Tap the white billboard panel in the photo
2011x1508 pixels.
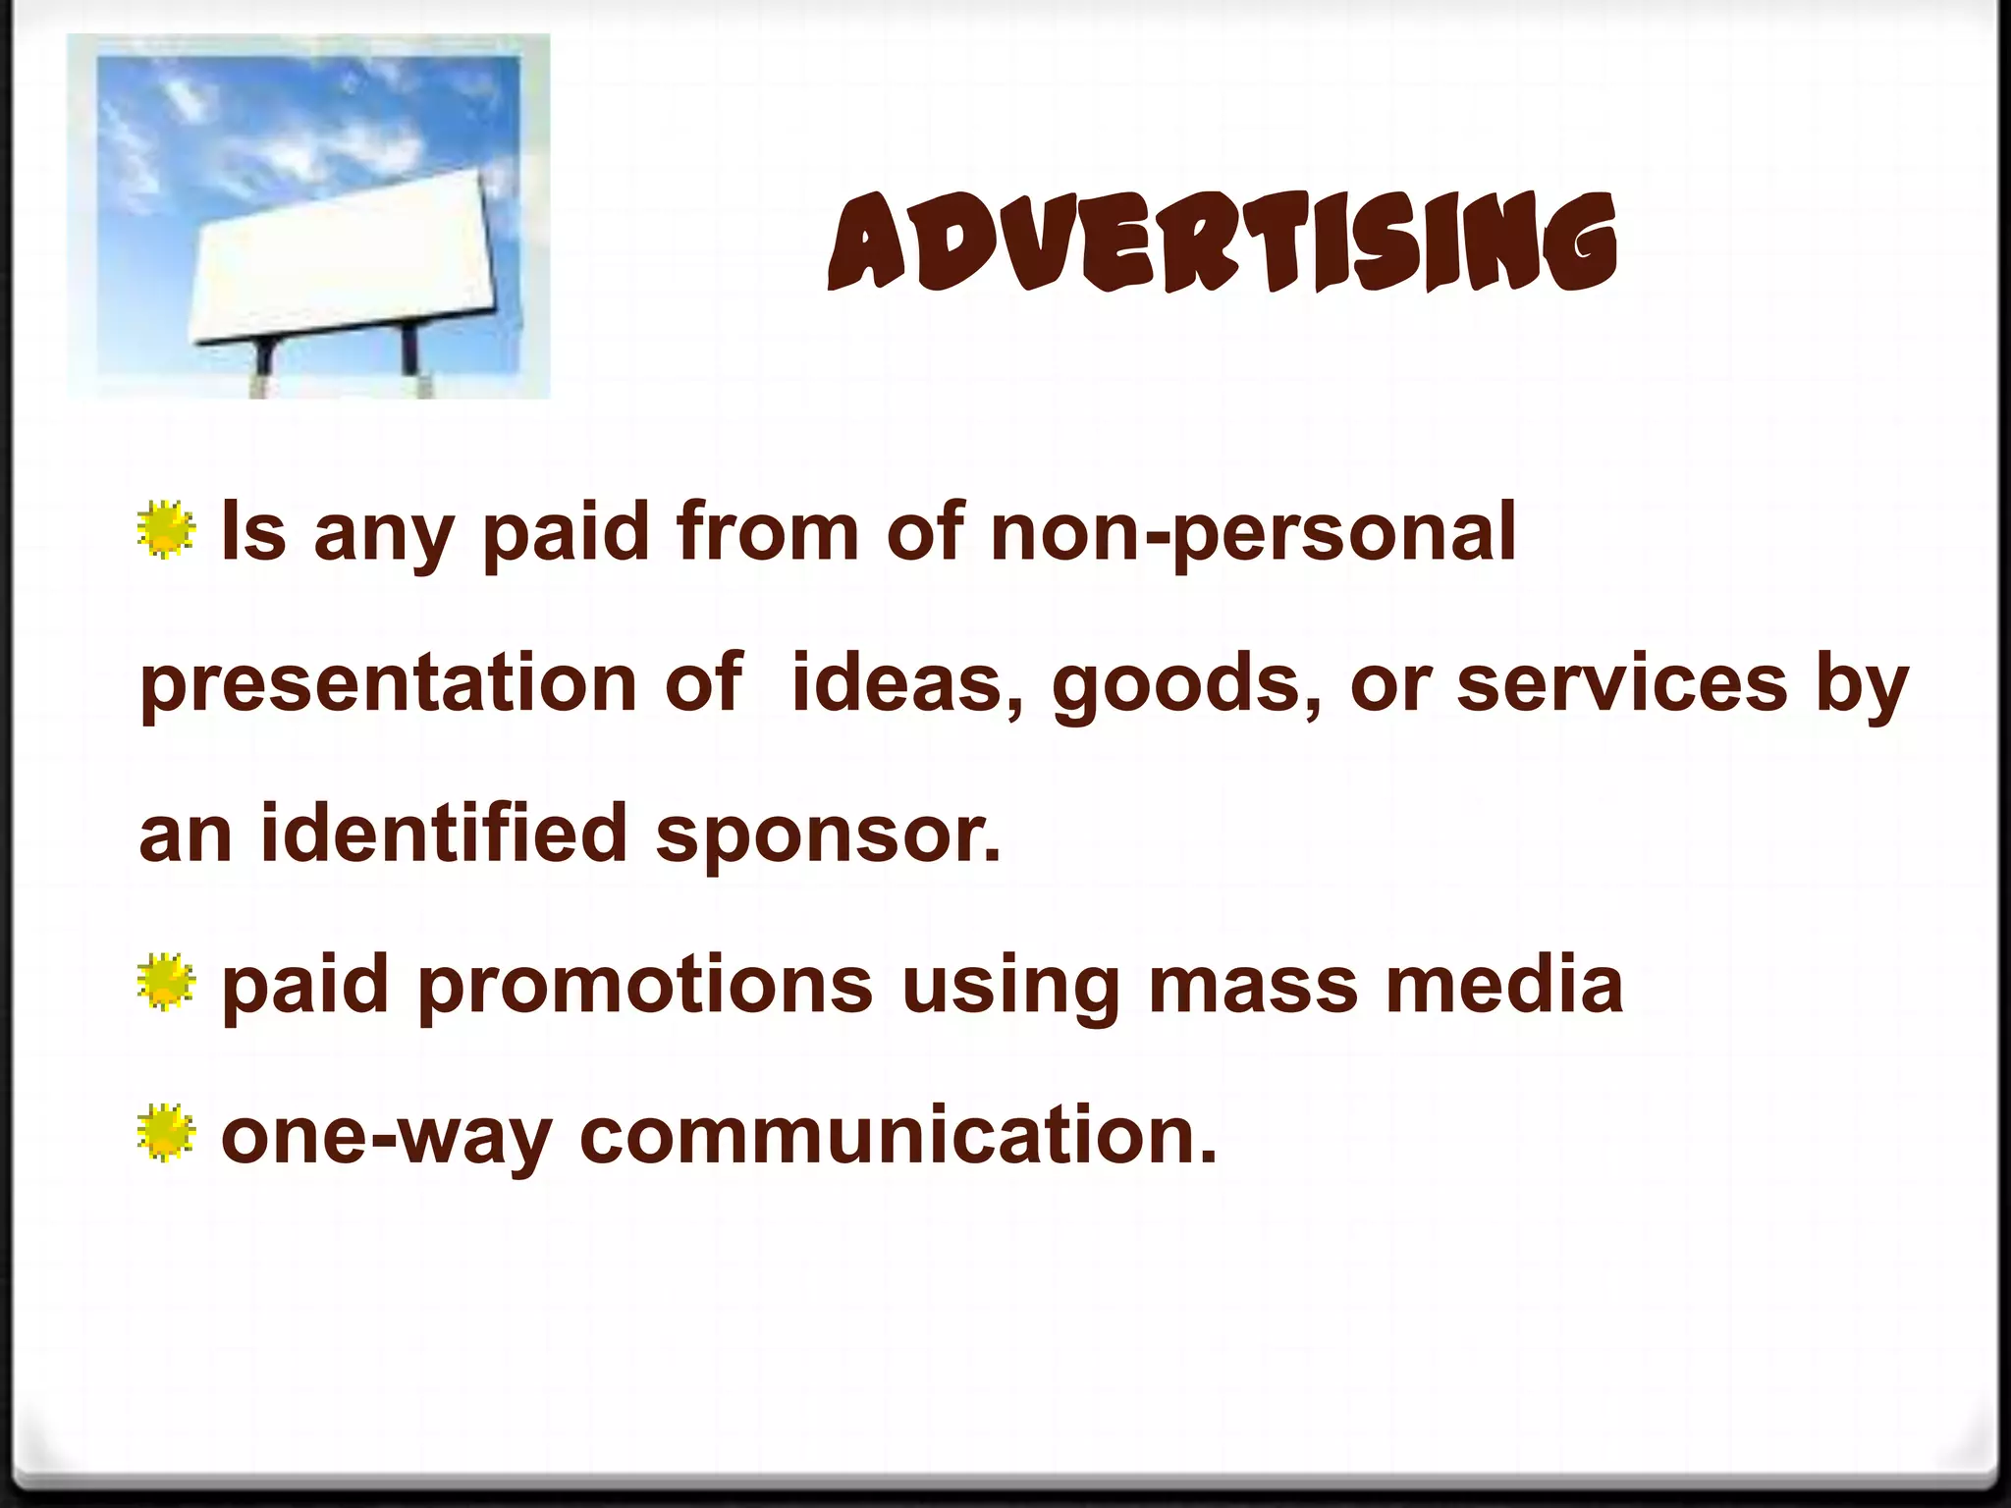pyautogui.click(x=344, y=260)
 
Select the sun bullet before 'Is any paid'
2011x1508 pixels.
pyautogui.click(x=166, y=531)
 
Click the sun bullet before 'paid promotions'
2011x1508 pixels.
pyautogui.click(x=166, y=984)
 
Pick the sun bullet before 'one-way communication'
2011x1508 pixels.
pyautogui.click(x=166, y=1134)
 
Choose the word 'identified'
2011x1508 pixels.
pyautogui.click(x=443, y=834)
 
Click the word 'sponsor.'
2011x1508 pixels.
pyautogui.click(x=829, y=835)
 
